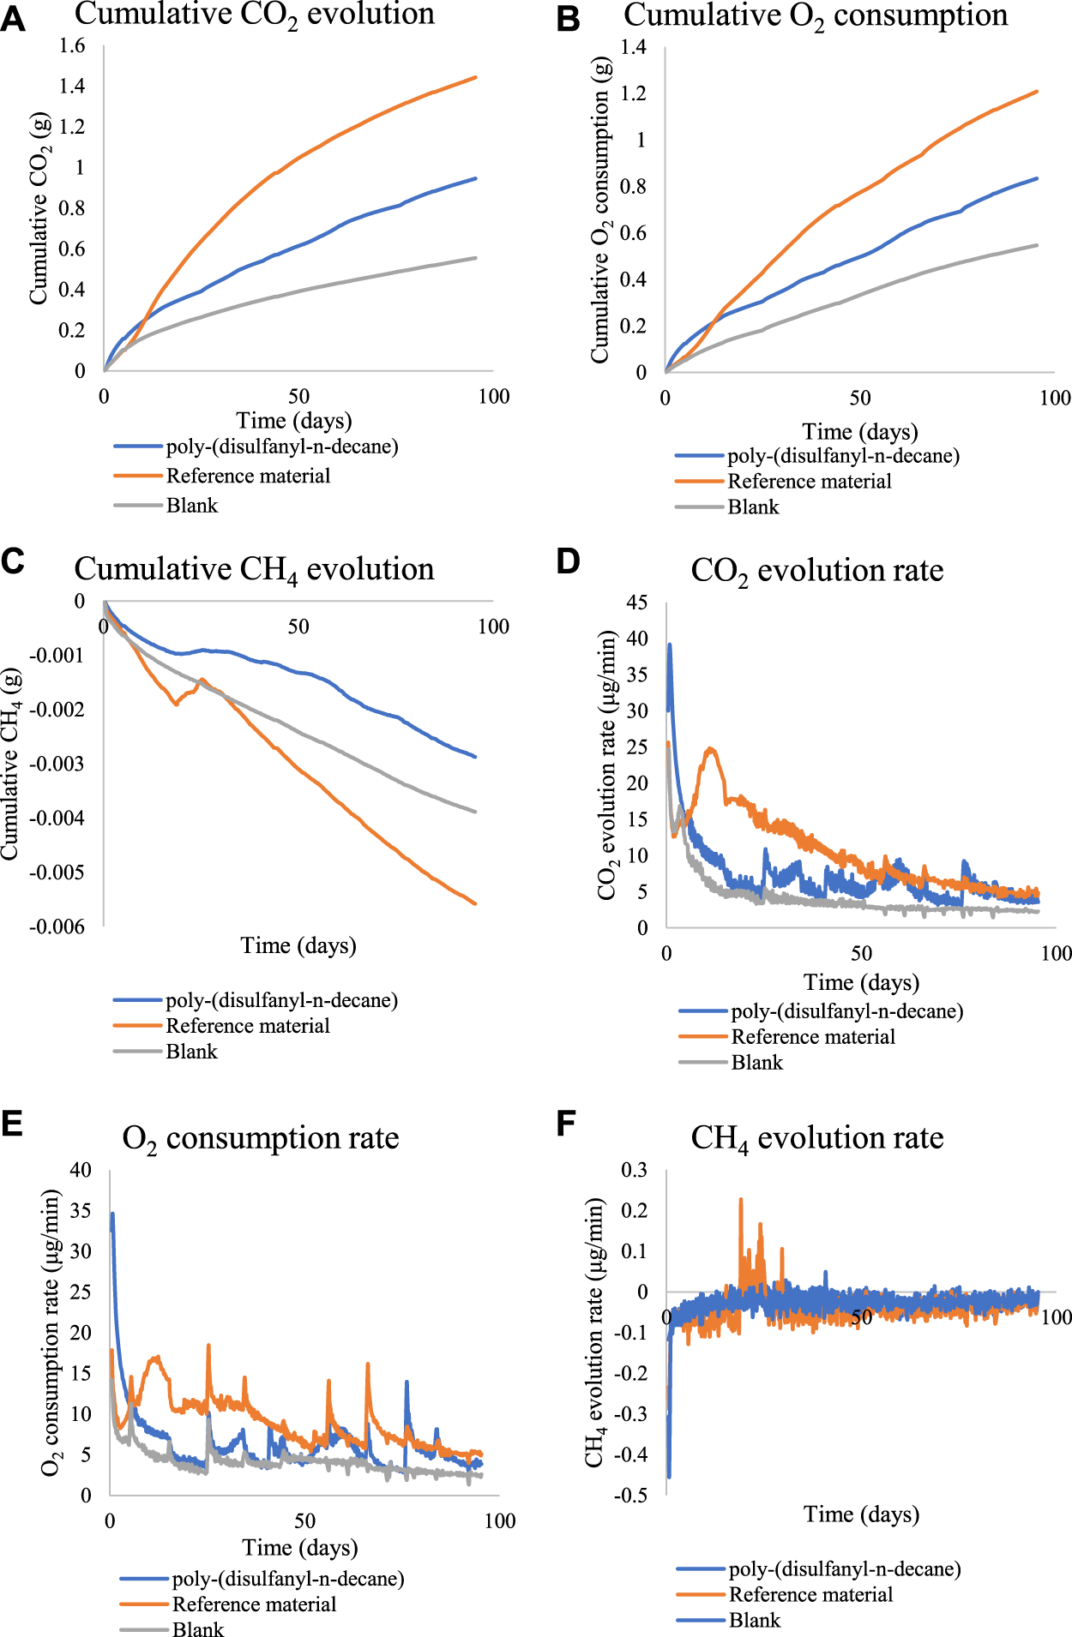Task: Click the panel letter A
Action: coord(13,19)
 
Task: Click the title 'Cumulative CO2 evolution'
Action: coord(254,15)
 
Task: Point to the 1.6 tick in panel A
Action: coord(72,45)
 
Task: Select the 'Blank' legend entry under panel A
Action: coord(191,506)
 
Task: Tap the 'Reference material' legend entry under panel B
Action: coord(809,482)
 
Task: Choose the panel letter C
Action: coord(13,561)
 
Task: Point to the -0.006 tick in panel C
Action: coord(57,926)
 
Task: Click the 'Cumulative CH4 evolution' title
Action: coord(254,570)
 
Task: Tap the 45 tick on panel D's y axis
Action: coord(636,603)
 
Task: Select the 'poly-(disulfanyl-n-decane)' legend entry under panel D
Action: coord(846,1011)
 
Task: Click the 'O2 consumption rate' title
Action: coord(261,1138)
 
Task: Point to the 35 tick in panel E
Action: coord(80,1211)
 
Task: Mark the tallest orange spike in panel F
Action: coord(741,1200)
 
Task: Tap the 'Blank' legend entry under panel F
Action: coord(754,1621)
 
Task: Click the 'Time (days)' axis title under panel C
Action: coord(298,945)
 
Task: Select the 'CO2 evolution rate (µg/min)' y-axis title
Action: coord(607,765)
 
